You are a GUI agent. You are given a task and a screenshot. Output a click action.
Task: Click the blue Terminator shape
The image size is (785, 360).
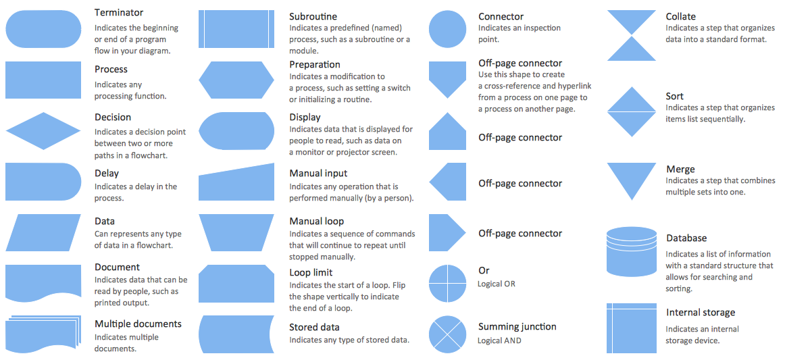pyautogui.click(x=43, y=29)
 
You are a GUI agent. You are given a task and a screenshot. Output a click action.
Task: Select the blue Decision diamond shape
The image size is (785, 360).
pyautogui.click(x=43, y=130)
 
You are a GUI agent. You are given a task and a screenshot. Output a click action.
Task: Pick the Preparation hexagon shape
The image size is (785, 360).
pyautogui.click(x=236, y=80)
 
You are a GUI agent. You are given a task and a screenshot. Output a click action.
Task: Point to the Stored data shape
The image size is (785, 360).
pyautogui.click(x=236, y=334)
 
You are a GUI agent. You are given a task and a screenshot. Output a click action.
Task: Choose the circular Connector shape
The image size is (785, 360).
pyautogui.click(x=448, y=29)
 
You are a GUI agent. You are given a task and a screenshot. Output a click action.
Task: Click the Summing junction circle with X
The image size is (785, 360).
pyautogui.click(x=448, y=334)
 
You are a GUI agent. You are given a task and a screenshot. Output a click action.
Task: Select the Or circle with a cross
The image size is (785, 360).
pyautogui.click(x=448, y=283)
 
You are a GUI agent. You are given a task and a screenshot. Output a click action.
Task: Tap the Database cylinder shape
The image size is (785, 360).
pyautogui.click(x=632, y=251)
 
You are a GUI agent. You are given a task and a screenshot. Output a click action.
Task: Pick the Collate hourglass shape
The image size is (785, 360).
pyautogui.click(x=632, y=36)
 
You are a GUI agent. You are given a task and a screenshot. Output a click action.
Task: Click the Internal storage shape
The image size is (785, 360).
pyautogui.click(x=632, y=328)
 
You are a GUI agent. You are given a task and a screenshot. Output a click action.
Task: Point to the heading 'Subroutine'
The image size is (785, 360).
pyautogui.click(x=313, y=16)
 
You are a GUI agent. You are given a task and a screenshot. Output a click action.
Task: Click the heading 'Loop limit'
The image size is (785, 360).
pyautogui.click(x=311, y=272)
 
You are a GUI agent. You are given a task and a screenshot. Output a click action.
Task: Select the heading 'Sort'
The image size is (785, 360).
pyautogui.click(x=674, y=97)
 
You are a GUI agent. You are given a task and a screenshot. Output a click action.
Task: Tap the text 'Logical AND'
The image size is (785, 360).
pyautogui.click(x=500, y=340)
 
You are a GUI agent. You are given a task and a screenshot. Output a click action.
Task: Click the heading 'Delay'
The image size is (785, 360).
pyautogui.click(x=107, y=174)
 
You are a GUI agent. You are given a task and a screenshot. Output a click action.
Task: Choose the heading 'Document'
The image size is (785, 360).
pyautogui.click(x=117, y=267)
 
